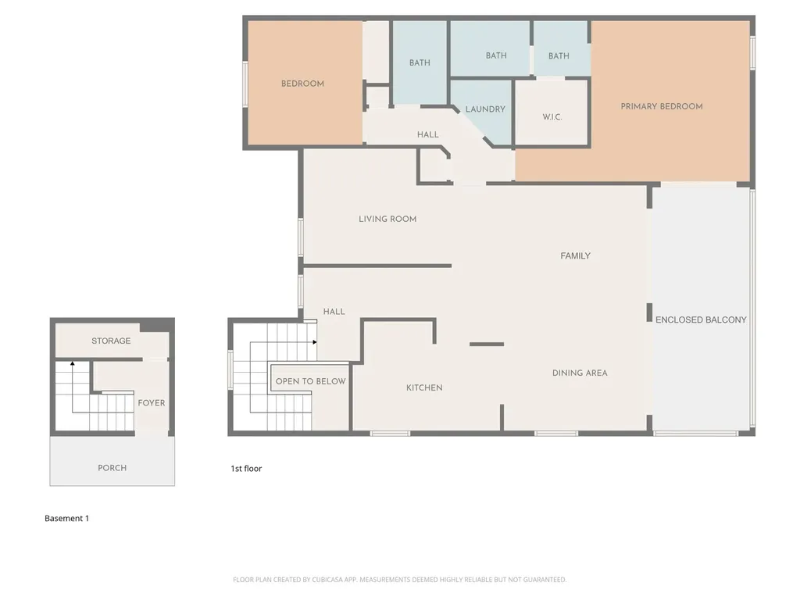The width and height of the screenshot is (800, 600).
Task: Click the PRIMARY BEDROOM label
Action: tap(662, 106)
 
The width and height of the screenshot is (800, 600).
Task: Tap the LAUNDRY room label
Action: tap(485, 109)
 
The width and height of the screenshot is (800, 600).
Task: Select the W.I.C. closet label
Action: tap(552, 117)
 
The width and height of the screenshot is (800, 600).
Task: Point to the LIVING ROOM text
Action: tap(387, 219)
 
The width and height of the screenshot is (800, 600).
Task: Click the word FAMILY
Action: tap(575, 255)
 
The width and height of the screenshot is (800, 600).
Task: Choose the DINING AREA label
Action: tap(580, 373)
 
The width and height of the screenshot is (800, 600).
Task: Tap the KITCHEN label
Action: tap(424, 387)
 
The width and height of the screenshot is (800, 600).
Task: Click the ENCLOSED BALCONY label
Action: tap(701, 320)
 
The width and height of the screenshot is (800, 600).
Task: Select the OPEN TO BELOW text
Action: tap(310, 381)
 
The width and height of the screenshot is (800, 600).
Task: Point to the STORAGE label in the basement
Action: tap(111, 341)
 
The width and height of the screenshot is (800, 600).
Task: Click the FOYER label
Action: tap(151, 403)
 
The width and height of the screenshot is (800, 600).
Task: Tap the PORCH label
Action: tap(112, 468)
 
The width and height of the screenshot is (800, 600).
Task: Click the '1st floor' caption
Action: tap(246, 469)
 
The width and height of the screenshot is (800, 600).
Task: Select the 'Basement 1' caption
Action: tap(66, 519)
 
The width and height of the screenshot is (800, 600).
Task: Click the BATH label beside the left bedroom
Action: tap(420, 62)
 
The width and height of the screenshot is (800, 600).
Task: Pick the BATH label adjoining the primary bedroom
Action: tap(559, 56)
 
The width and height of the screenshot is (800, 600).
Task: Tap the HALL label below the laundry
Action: tap(427, 134)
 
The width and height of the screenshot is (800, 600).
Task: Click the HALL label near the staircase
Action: tap(334, 312)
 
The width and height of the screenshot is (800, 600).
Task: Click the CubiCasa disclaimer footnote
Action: tap(399, 580)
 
